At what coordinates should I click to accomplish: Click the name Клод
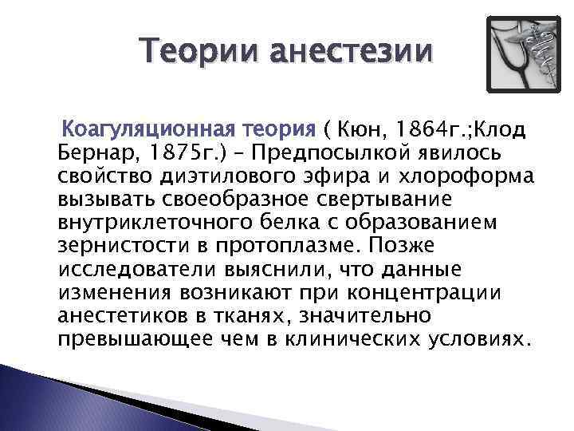point(497,128)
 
